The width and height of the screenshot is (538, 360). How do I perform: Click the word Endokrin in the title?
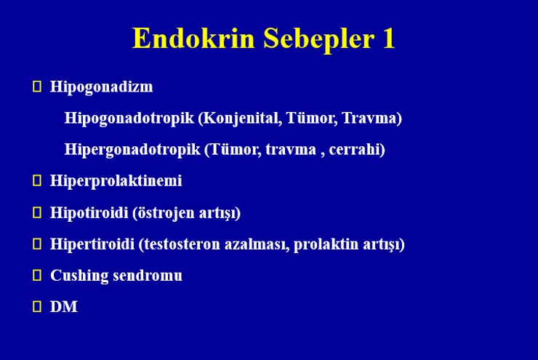tap(193, 38)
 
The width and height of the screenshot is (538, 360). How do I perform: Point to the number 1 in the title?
tap(389, 38)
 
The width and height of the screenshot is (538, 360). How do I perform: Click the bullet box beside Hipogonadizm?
tap(36, 86)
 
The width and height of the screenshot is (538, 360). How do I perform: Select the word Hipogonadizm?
tap(102, 87)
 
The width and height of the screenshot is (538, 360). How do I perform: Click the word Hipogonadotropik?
tap(129, 119)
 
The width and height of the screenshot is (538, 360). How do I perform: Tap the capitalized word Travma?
tap(369, 118)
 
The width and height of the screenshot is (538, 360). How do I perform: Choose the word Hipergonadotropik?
tap(132, 150)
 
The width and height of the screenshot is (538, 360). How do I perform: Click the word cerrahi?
tap(355, 149)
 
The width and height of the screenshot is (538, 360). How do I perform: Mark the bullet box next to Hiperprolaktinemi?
tap(36, 180)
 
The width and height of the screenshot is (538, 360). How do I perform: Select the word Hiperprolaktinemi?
tap(116, 181)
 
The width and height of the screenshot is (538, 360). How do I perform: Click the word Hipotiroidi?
tap(89, 213)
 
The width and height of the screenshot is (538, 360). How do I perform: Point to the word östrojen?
tap(166, 213)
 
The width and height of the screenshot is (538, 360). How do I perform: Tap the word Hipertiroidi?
tap(92, 244)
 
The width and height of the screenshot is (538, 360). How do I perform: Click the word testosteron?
tap(182, 244)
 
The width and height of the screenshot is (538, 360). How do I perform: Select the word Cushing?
tap(79, 276)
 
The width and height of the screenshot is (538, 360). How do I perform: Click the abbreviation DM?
tap(64, 307)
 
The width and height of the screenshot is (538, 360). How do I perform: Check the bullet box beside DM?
tap(36, 306)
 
